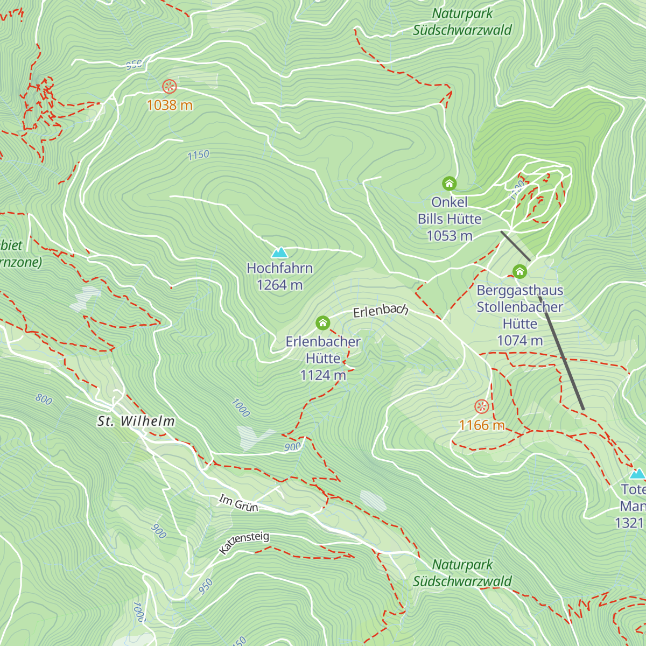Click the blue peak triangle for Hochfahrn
(279, 252)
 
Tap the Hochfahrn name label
(279, 268)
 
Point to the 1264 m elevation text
(279, 285)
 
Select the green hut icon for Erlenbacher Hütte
(322, 323)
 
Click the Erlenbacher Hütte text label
(323, 350)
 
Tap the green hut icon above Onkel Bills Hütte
(449, 184)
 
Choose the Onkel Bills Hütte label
(450, 210)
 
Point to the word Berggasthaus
(519, 290)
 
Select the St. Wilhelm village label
(136, 421)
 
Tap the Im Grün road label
(238, 503)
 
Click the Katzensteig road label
(244, 543)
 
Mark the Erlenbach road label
(381, 311)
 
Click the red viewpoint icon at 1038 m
(169, 86)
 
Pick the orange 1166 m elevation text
(482, 425)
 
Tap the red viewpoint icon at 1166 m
(481, 406)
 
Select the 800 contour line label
(44, 399)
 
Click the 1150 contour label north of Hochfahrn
(198, 155)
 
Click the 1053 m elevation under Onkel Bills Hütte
(450, 236)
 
